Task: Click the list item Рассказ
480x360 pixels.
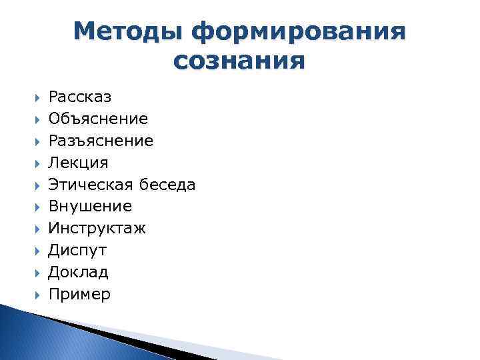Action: [80, 97]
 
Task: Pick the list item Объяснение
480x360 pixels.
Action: [98, 119]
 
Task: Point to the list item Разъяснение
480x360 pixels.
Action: [101, 141]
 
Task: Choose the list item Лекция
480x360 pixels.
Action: [78, 163]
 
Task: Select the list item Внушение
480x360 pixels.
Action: [90, 207]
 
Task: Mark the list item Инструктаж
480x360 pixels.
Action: [97, 229]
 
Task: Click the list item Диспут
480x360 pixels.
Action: [77, 251]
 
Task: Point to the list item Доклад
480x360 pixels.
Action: [78, 272]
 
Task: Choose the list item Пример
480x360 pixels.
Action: [79, 294]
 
